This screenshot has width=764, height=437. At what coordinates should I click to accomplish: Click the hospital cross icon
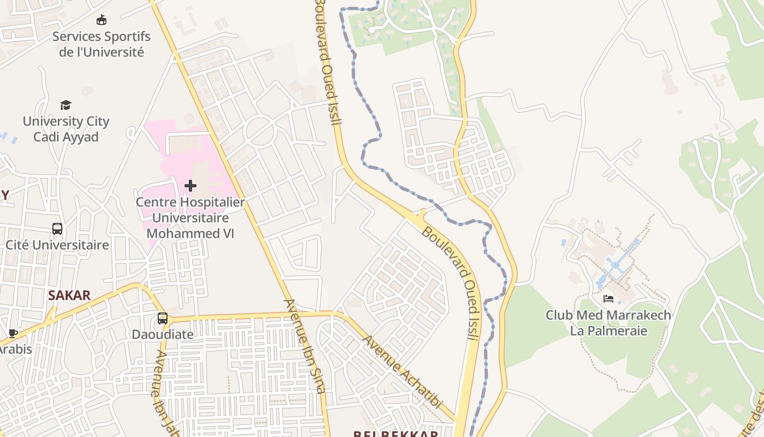coord(190,186)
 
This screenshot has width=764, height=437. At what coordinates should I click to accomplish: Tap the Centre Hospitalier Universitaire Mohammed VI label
coord(190,217)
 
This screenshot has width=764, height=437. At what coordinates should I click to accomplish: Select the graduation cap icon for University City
coord(65,105)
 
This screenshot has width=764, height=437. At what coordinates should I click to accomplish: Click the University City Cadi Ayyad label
coord(66,129)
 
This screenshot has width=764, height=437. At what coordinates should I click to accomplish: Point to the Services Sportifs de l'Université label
coord(102,44)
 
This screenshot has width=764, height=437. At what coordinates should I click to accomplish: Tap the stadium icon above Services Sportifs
coord(101,21)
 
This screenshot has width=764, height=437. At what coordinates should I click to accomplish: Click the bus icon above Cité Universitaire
coord(57,228)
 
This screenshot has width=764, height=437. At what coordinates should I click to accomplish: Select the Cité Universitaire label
coord(57,245)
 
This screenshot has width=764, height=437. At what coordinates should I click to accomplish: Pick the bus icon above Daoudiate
coord(162,318)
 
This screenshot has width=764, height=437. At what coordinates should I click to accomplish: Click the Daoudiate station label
coord(163,334)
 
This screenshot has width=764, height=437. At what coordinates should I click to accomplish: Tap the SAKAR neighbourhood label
coord(69,296)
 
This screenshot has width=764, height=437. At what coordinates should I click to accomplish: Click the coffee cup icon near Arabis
coord(13,333)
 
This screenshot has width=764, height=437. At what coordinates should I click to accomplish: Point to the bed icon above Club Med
coord(608,299)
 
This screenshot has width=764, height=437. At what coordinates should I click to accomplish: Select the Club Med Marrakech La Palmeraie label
coord(608,323)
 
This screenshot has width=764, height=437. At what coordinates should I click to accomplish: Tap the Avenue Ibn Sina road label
coord(305,345)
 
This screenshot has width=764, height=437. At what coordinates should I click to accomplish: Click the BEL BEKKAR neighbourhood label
coord(395,434)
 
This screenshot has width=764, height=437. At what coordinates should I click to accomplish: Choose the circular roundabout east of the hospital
coord(260,132)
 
